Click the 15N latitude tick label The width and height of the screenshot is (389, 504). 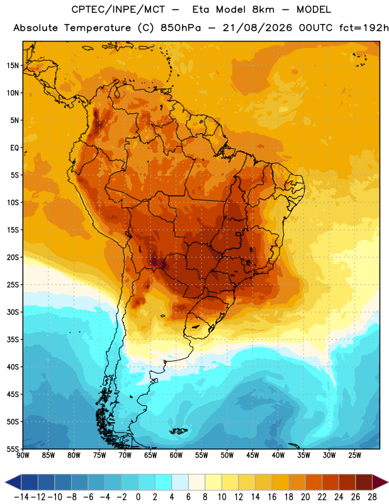coord(13,66)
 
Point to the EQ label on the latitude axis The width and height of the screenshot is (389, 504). coord(14,148)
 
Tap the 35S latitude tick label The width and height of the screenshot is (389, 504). coord(13,340)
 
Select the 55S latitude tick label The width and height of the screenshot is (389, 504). coord(13,449)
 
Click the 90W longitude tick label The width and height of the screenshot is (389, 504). coord(23,455)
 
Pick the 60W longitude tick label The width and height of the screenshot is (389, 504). coord(176,455)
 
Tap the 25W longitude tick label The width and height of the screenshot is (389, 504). coord(354,455)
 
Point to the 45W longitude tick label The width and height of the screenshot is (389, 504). coord(252,455)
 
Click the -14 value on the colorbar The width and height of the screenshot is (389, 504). coord(21,497)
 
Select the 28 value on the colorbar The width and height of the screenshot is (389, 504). coord(372,497)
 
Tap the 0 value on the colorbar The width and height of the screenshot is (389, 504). coord(138,497)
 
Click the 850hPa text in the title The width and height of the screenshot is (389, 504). coord(181,28)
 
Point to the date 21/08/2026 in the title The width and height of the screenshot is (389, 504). coord(257,28)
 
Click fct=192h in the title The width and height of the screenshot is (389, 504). coord(364,28)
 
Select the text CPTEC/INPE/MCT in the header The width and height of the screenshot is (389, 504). coord(118,9)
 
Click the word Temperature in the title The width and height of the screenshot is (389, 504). coord(98,28)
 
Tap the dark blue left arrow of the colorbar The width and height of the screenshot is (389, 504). coord(13,482)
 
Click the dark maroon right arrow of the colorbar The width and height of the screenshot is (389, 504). coord(380,482)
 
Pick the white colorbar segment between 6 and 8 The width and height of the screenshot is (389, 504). coord(196,482)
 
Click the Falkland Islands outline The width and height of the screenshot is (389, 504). coord(179,431)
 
